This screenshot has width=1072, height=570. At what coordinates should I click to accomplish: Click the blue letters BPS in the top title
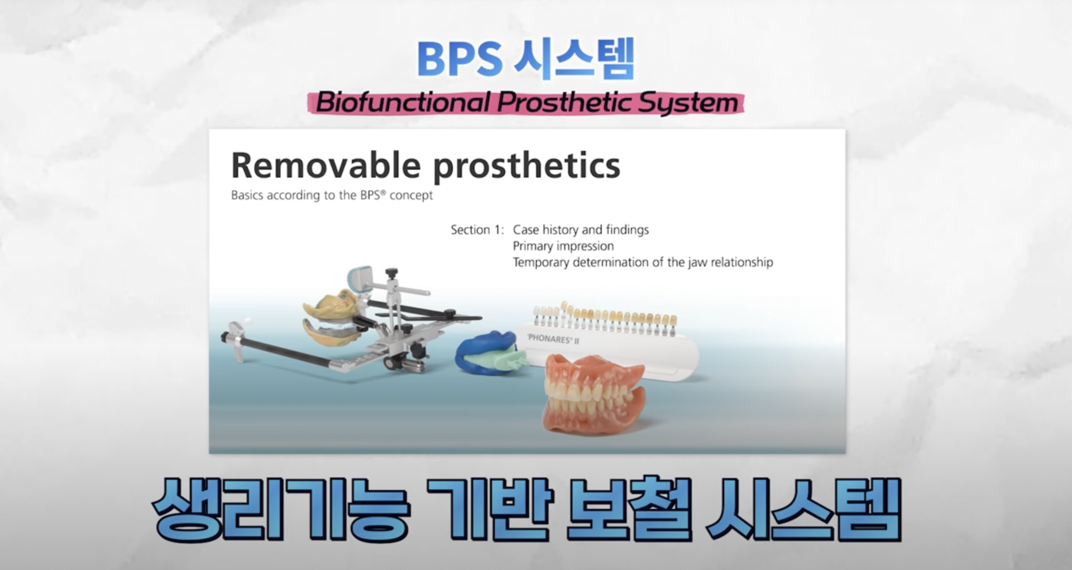(460, 59)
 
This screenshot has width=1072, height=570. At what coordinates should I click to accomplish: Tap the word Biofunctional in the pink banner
(403, 103)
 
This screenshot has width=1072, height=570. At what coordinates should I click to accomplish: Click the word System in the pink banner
(688, 103)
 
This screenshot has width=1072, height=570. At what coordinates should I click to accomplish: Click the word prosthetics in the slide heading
(527, 166)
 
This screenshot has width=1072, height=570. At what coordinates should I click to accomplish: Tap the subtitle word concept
(411, 195)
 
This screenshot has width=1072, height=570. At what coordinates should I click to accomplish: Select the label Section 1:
(477, 229)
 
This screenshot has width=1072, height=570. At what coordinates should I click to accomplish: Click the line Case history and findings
(581, 229)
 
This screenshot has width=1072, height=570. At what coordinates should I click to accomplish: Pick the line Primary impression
(563, 246)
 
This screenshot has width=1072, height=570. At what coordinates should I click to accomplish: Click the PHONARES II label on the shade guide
(553, 339)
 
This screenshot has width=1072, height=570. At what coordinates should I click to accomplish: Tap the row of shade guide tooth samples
(605, 319)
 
